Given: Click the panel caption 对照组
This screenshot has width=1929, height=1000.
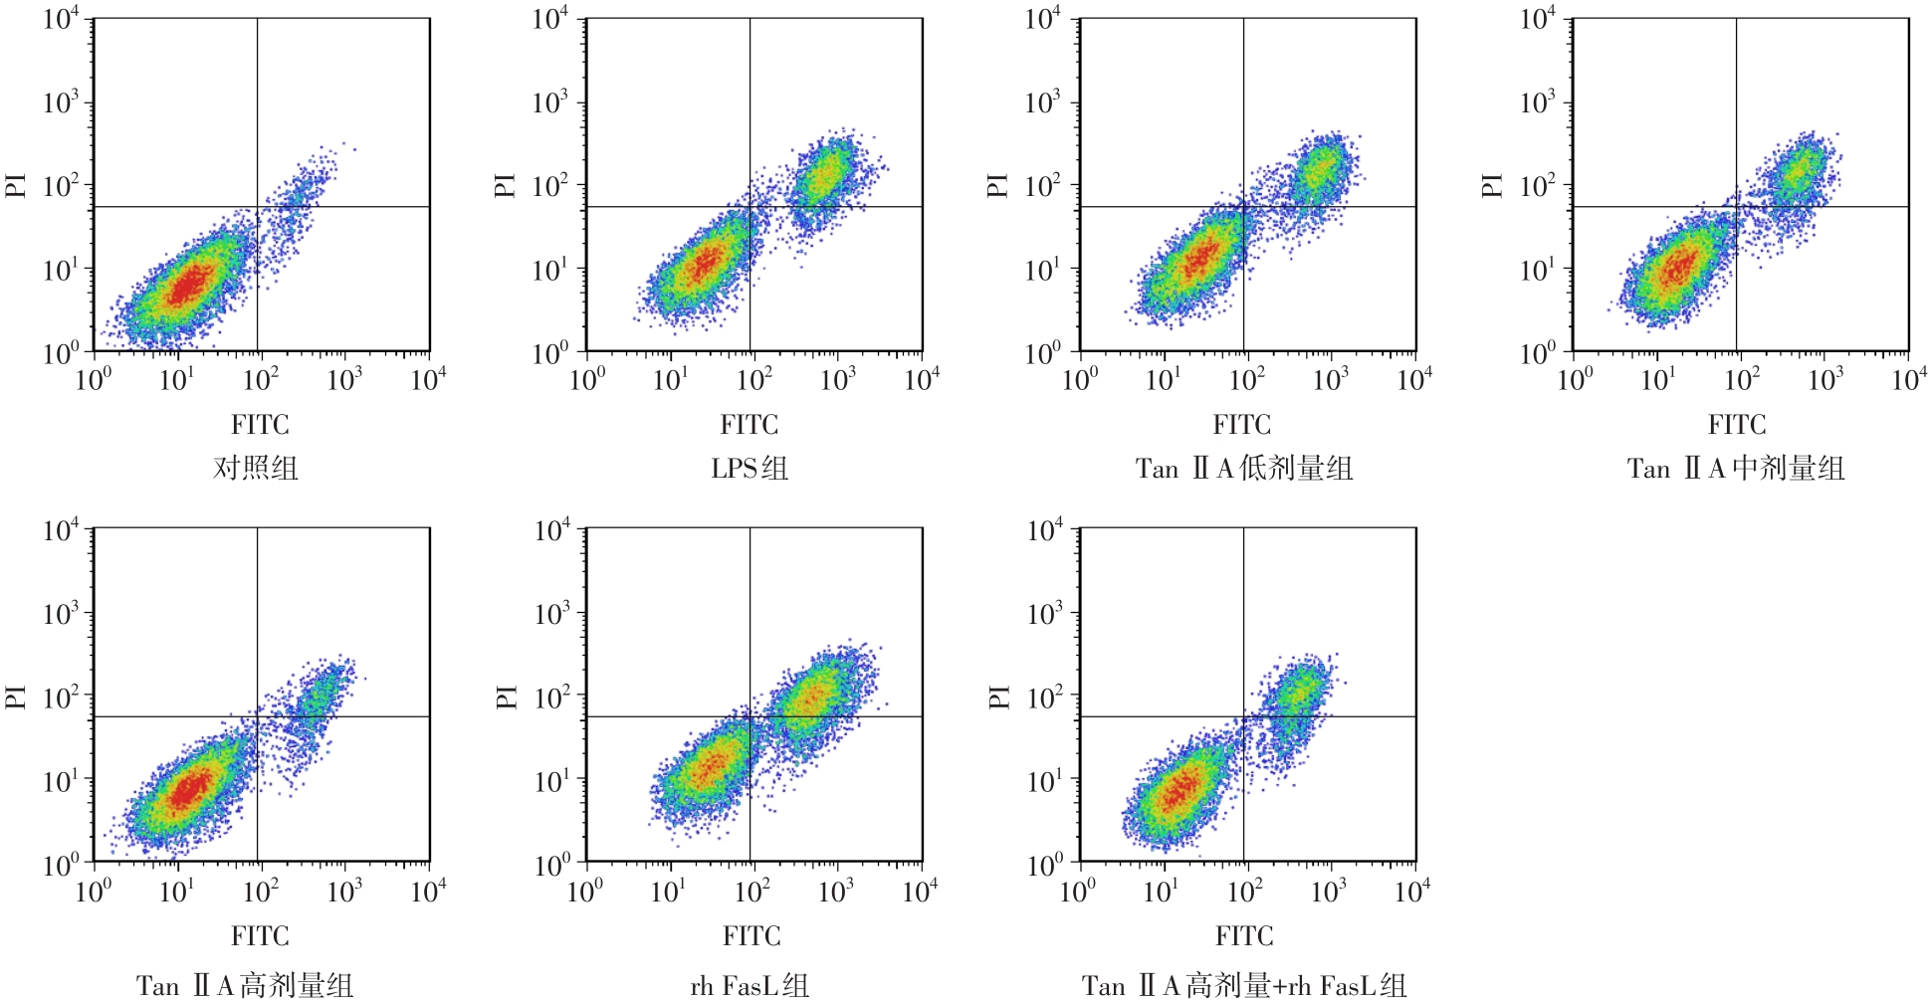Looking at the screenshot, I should point(256,468).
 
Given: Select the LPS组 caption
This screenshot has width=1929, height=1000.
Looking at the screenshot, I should point(750,468).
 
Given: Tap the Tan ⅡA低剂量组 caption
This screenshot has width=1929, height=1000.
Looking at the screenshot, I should point(1244,468).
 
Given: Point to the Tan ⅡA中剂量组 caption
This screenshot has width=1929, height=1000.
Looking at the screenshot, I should point(1736,468).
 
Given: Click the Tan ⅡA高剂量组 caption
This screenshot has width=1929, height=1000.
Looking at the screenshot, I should point(245,985).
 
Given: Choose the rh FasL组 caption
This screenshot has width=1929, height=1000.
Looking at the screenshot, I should point(750,985).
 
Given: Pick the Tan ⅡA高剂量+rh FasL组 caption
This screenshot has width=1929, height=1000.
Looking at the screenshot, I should point(1244,985).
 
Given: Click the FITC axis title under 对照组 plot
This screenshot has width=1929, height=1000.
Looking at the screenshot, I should point(260,425).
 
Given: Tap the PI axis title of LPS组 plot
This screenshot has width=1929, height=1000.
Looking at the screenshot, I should point(505,185).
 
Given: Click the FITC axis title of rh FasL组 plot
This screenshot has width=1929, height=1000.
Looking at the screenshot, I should point(751,935).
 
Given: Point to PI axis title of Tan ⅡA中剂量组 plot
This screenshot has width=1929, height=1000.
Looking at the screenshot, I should point(1491,185).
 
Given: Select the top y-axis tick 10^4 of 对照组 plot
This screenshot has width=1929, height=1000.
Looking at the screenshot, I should point(61,20).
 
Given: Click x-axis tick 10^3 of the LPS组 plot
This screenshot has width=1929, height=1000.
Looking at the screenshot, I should point(838,379).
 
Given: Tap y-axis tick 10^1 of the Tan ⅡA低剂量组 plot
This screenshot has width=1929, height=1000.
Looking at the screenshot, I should point(1043,270).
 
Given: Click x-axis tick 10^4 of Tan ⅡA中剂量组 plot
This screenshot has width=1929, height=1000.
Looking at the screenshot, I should point(1909,379).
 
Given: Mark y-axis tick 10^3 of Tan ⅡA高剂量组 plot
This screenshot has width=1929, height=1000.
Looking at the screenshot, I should point(61,614).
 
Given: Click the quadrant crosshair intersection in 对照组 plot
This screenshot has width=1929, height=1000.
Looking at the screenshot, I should point(258,207).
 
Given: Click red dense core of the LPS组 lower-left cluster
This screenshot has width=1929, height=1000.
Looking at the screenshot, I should point(705,264).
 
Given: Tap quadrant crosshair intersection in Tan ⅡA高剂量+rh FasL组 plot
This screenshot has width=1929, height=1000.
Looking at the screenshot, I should point(1243,716).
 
